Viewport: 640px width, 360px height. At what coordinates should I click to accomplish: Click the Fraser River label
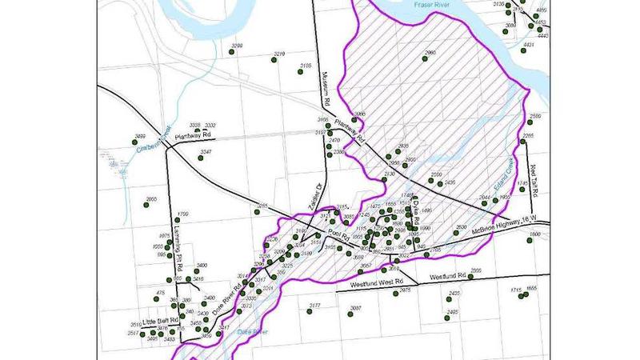click(x=436, y=5)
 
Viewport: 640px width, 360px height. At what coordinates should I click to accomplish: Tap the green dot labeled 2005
click(x=470, y=278)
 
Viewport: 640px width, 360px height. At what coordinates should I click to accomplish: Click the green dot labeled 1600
click(x=530, y=241)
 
